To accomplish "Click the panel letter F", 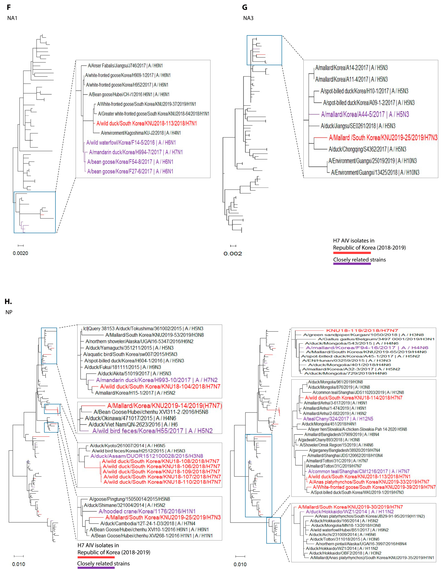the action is tap(9, 7).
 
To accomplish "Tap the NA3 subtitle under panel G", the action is tap(248, 18).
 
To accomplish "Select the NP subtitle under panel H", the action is tap(9, 312).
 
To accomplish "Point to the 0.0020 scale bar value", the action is tap(20, 253).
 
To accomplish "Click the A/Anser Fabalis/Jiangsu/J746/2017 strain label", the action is tap(125, 66).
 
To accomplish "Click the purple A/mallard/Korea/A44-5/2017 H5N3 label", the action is tap(365, 114).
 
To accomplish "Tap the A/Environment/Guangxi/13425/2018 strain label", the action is tap(375, 172).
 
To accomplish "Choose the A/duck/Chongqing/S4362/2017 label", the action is tap(367, 149).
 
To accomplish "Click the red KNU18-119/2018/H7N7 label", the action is tap(362, 330).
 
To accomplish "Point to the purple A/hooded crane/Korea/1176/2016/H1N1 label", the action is tap(147, 511).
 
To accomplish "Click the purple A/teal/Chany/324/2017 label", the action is tap(338, 419).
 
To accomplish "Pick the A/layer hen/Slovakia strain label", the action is tap(357, 429).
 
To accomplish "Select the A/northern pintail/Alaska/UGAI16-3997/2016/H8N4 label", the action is tap(361, 544).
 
